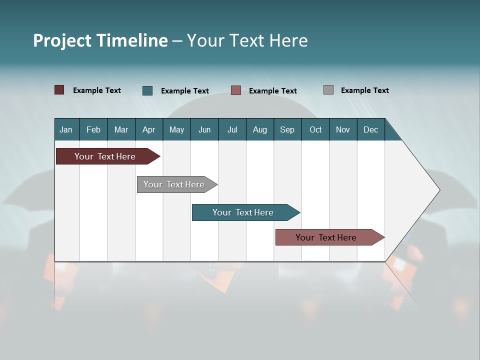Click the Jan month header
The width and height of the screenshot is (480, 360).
66,129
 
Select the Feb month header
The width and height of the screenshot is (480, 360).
93,129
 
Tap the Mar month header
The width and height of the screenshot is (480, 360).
121,129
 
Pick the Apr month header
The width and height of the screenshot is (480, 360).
148,129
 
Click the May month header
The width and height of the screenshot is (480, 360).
176,129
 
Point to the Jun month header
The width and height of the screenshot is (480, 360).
204,129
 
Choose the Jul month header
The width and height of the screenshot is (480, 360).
232,129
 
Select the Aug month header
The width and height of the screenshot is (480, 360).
259,129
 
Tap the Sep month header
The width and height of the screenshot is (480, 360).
287,129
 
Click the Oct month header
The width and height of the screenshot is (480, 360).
315,129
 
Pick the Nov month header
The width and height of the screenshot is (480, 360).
343,129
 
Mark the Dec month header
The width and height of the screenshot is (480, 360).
370,129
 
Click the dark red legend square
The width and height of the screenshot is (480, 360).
59,90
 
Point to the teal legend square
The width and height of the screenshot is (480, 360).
147,90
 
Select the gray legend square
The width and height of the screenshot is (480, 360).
328,90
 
